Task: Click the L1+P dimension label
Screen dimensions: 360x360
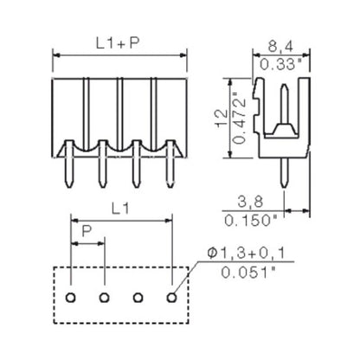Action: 119,41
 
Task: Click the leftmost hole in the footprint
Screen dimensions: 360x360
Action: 70,299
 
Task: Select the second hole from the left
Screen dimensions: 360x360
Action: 104,299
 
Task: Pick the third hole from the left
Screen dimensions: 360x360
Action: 138,299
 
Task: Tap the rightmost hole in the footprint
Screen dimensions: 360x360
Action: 171,299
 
